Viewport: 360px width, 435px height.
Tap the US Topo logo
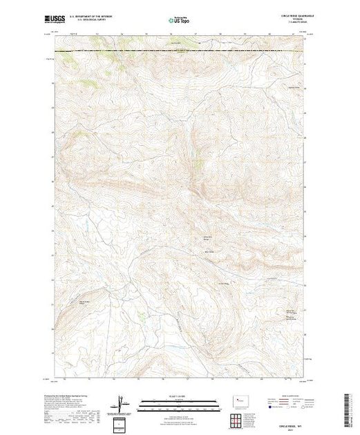coord(179,20)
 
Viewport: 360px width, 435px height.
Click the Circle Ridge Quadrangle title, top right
coord(288,16)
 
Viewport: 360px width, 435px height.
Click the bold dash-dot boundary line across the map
coord(179,51)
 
